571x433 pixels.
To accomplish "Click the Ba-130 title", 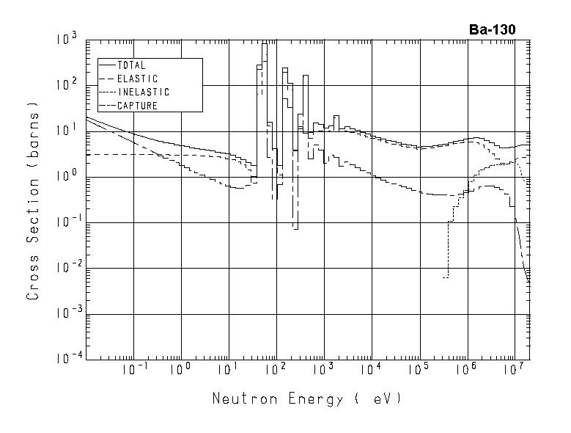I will tap(492, 30).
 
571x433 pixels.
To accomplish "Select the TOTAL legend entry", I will tap(131, 65).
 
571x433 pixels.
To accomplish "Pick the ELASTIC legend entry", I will tap(137, 79).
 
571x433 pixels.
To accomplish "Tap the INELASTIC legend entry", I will tap(143, 92).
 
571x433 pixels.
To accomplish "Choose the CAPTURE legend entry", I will tap(137, 106).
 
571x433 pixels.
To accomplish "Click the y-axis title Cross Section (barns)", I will tap(33, 200).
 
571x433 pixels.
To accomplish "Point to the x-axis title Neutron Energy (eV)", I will tap(307, 399).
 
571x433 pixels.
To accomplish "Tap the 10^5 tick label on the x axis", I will tap(419, 371).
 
